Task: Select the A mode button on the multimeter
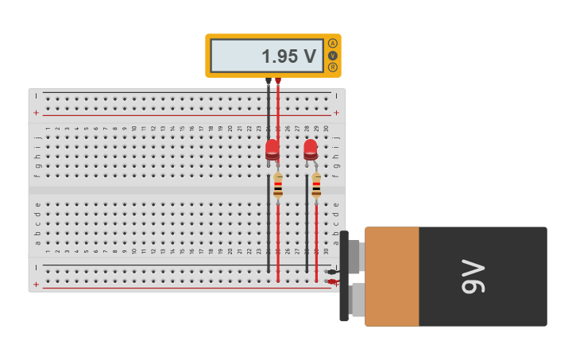(x=332, y=43)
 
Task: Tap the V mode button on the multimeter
(x=332, y=56)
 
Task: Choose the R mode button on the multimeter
(x=332, y=68)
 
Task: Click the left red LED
(x=272, y=149)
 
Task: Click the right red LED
(x=310, y=149)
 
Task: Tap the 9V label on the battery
(x=474, y=277)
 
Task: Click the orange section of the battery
(x=392, y=277)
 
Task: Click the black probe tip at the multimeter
(x=269, y=82)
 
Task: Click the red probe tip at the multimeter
(x=278, y=82)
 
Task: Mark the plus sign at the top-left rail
(x=36, y=113)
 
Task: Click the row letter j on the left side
(x=37, y=137)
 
